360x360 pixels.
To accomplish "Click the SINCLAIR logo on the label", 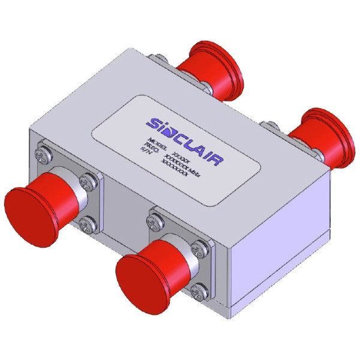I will [186, 137].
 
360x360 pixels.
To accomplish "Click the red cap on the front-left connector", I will [30, 202].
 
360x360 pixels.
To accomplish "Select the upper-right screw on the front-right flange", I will [202, 247].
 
